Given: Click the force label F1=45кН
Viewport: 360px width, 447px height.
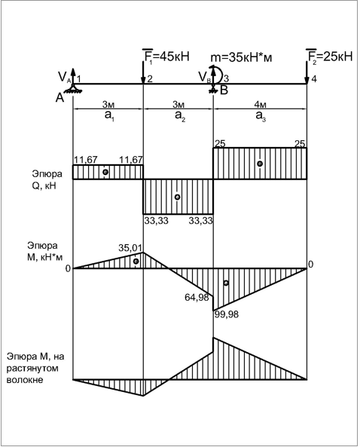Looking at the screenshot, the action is [x=166, y=57].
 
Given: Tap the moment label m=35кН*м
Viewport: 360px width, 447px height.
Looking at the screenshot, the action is [x=241, y=57].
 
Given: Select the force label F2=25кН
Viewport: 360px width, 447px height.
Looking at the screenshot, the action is [x=330, y=57].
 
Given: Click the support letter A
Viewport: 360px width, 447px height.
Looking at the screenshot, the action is [x=59, y=98].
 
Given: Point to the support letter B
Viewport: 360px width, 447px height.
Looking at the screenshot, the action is [x=224, y=90].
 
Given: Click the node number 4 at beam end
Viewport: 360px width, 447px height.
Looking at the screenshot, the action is [x=314, y=79].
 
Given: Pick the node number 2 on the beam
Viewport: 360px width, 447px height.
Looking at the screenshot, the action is [x=150, y=79].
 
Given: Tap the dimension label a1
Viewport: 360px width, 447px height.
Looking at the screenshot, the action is [x=109, y=116].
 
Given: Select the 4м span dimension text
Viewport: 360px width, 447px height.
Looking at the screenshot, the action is [x=260, y=105].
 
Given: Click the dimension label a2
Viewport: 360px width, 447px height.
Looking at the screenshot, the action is [x=180, y=116].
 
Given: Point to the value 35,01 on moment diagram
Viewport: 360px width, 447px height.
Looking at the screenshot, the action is [x=130, y=248].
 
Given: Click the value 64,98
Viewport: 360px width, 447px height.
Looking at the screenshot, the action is [x=197, y=297].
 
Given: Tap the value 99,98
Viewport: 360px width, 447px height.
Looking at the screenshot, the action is [x=227, y=315].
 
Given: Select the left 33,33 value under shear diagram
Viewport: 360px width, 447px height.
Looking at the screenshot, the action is [x=156, y=221].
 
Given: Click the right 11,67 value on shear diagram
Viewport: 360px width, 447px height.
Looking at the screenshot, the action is [x=131, y=160].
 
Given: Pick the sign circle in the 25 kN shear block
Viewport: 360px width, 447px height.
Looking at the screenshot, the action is [x=260, y=164].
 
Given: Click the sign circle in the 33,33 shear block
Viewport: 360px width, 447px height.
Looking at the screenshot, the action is [x=177, y=197].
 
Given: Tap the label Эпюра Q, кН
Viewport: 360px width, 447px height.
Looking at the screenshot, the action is [x=44, y=179].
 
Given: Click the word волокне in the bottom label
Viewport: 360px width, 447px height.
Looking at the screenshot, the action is [x=25, y=380].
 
